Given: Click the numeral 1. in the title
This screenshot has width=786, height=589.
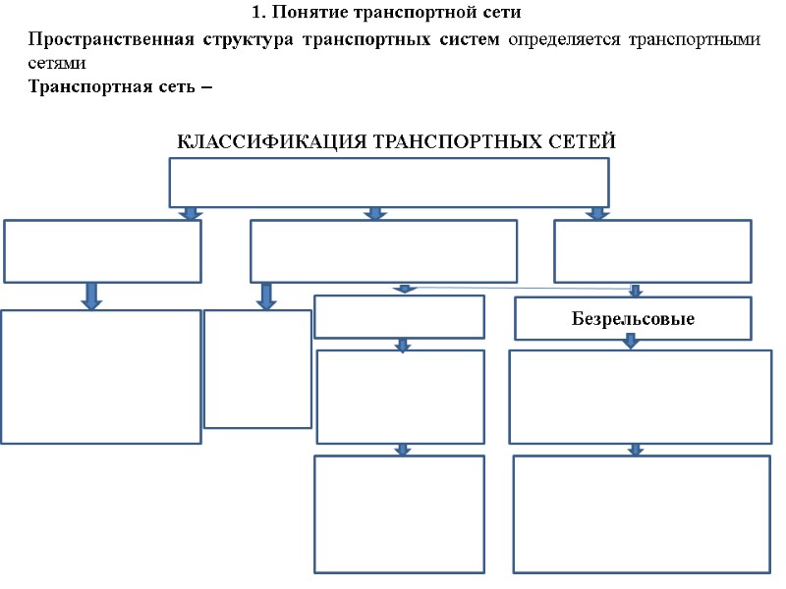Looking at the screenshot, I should (258, 14).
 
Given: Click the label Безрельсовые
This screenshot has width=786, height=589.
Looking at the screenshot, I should (633, 320).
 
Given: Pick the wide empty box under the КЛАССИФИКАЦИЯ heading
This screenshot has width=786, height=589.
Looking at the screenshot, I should (389, 183).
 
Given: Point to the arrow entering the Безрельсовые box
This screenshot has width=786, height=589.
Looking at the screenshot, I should (636, 291).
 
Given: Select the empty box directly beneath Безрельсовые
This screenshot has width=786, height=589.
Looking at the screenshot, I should (640, 397).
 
